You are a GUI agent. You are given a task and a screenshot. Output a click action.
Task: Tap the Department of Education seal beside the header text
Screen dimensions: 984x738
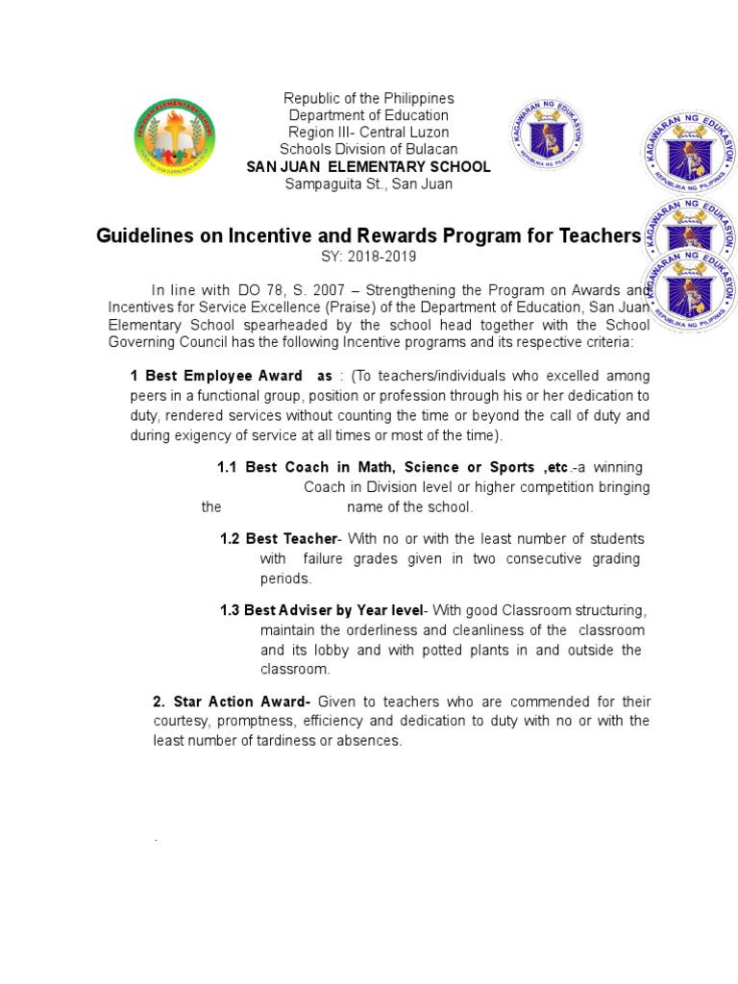tap(547, 138)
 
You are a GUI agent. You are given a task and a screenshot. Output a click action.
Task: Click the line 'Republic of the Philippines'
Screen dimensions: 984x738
tap(368, 99)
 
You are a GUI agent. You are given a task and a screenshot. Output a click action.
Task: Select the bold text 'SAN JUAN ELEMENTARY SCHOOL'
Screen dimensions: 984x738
tap(368, 167)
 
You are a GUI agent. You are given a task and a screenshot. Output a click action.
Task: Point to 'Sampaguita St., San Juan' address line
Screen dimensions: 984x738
tap(368, 184)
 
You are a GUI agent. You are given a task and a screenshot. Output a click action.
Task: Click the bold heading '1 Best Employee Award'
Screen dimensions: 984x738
tap(216, 376)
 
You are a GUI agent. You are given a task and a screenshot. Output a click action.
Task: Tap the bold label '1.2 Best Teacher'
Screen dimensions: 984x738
tap(278, 538)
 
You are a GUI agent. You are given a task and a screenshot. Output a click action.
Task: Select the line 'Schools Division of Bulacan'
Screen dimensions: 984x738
tap(368, 149)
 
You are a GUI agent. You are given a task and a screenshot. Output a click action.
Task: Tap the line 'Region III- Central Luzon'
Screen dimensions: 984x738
tap(368, 133)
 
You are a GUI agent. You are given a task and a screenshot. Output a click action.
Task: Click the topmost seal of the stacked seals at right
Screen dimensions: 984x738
tap(688, 157)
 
